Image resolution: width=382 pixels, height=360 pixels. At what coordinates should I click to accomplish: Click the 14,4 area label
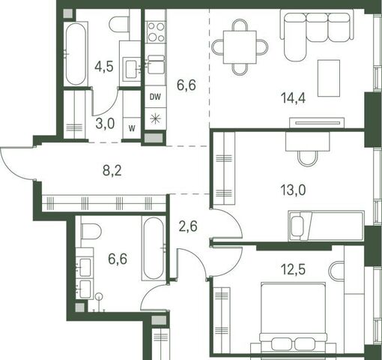click(x=293, y=97)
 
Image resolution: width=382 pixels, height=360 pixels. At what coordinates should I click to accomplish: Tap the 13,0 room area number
click(x=293, y=190)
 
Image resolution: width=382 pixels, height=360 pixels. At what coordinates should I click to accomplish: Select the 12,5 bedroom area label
click(x=293, y=269)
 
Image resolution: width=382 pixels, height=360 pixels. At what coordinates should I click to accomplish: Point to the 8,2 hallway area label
click(x=112, y=171)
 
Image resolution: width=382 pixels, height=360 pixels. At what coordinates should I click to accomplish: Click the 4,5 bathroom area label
click(x=104, y=67)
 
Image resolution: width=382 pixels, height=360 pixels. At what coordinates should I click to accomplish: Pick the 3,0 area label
click(x=105, y=124)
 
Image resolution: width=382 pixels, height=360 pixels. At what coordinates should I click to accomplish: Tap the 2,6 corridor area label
click(x=188, y=226)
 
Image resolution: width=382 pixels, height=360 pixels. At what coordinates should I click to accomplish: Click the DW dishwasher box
click(x=155, y=97)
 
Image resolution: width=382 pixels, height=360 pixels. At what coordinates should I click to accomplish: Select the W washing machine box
click(x=132, y=128)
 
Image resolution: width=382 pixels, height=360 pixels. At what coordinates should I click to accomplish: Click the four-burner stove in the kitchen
click(x=156, y=32)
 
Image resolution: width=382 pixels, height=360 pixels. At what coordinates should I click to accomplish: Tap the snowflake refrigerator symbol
click(x=155, y=118)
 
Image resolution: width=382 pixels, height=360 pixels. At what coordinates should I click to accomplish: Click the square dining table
click(x=240, y=47)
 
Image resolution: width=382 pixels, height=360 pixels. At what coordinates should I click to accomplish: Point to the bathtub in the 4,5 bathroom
click(x=76, y=54)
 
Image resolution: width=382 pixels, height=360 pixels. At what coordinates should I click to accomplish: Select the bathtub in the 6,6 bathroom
click(x=154, y=248)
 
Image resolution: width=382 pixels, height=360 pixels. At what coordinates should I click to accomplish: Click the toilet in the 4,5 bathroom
click(x=119, y=24)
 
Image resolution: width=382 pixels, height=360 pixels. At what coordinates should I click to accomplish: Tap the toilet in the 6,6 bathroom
click(x=91, y=231)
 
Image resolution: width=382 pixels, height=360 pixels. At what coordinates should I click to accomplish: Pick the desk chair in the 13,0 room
click(x=308, y=158)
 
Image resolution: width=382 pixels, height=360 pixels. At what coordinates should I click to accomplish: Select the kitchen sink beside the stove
click(x=156, y=64)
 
